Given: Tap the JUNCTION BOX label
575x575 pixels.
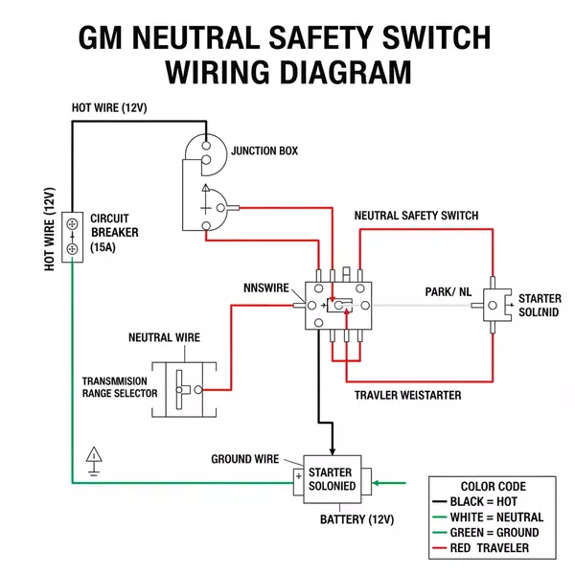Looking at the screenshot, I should click(x=264, y=151).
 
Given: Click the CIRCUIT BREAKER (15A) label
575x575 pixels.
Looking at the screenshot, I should click(x=114, y=232).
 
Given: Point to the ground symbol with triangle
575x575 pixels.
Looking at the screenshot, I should click(x=94, y=459).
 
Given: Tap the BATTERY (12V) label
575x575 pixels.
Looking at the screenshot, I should click(x=356, y=519).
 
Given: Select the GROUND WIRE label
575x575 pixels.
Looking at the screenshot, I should click(x=244, y=459).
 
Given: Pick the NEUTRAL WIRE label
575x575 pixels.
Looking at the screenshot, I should click(x=164, y=338).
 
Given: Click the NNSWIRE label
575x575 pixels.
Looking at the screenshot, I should click(x=265, y=287).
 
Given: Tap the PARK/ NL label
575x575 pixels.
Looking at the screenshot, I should click(x=448, y=290).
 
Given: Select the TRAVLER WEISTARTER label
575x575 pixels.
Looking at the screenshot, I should click(x=407, y=395).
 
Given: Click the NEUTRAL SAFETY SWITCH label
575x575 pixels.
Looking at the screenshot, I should click(x=416, y=216).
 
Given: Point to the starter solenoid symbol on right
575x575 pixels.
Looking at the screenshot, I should click(x=494, y=305).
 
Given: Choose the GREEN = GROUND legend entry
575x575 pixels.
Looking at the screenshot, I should click(x=487, y=532).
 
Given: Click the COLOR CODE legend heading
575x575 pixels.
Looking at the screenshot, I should click(x=493, y=486).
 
